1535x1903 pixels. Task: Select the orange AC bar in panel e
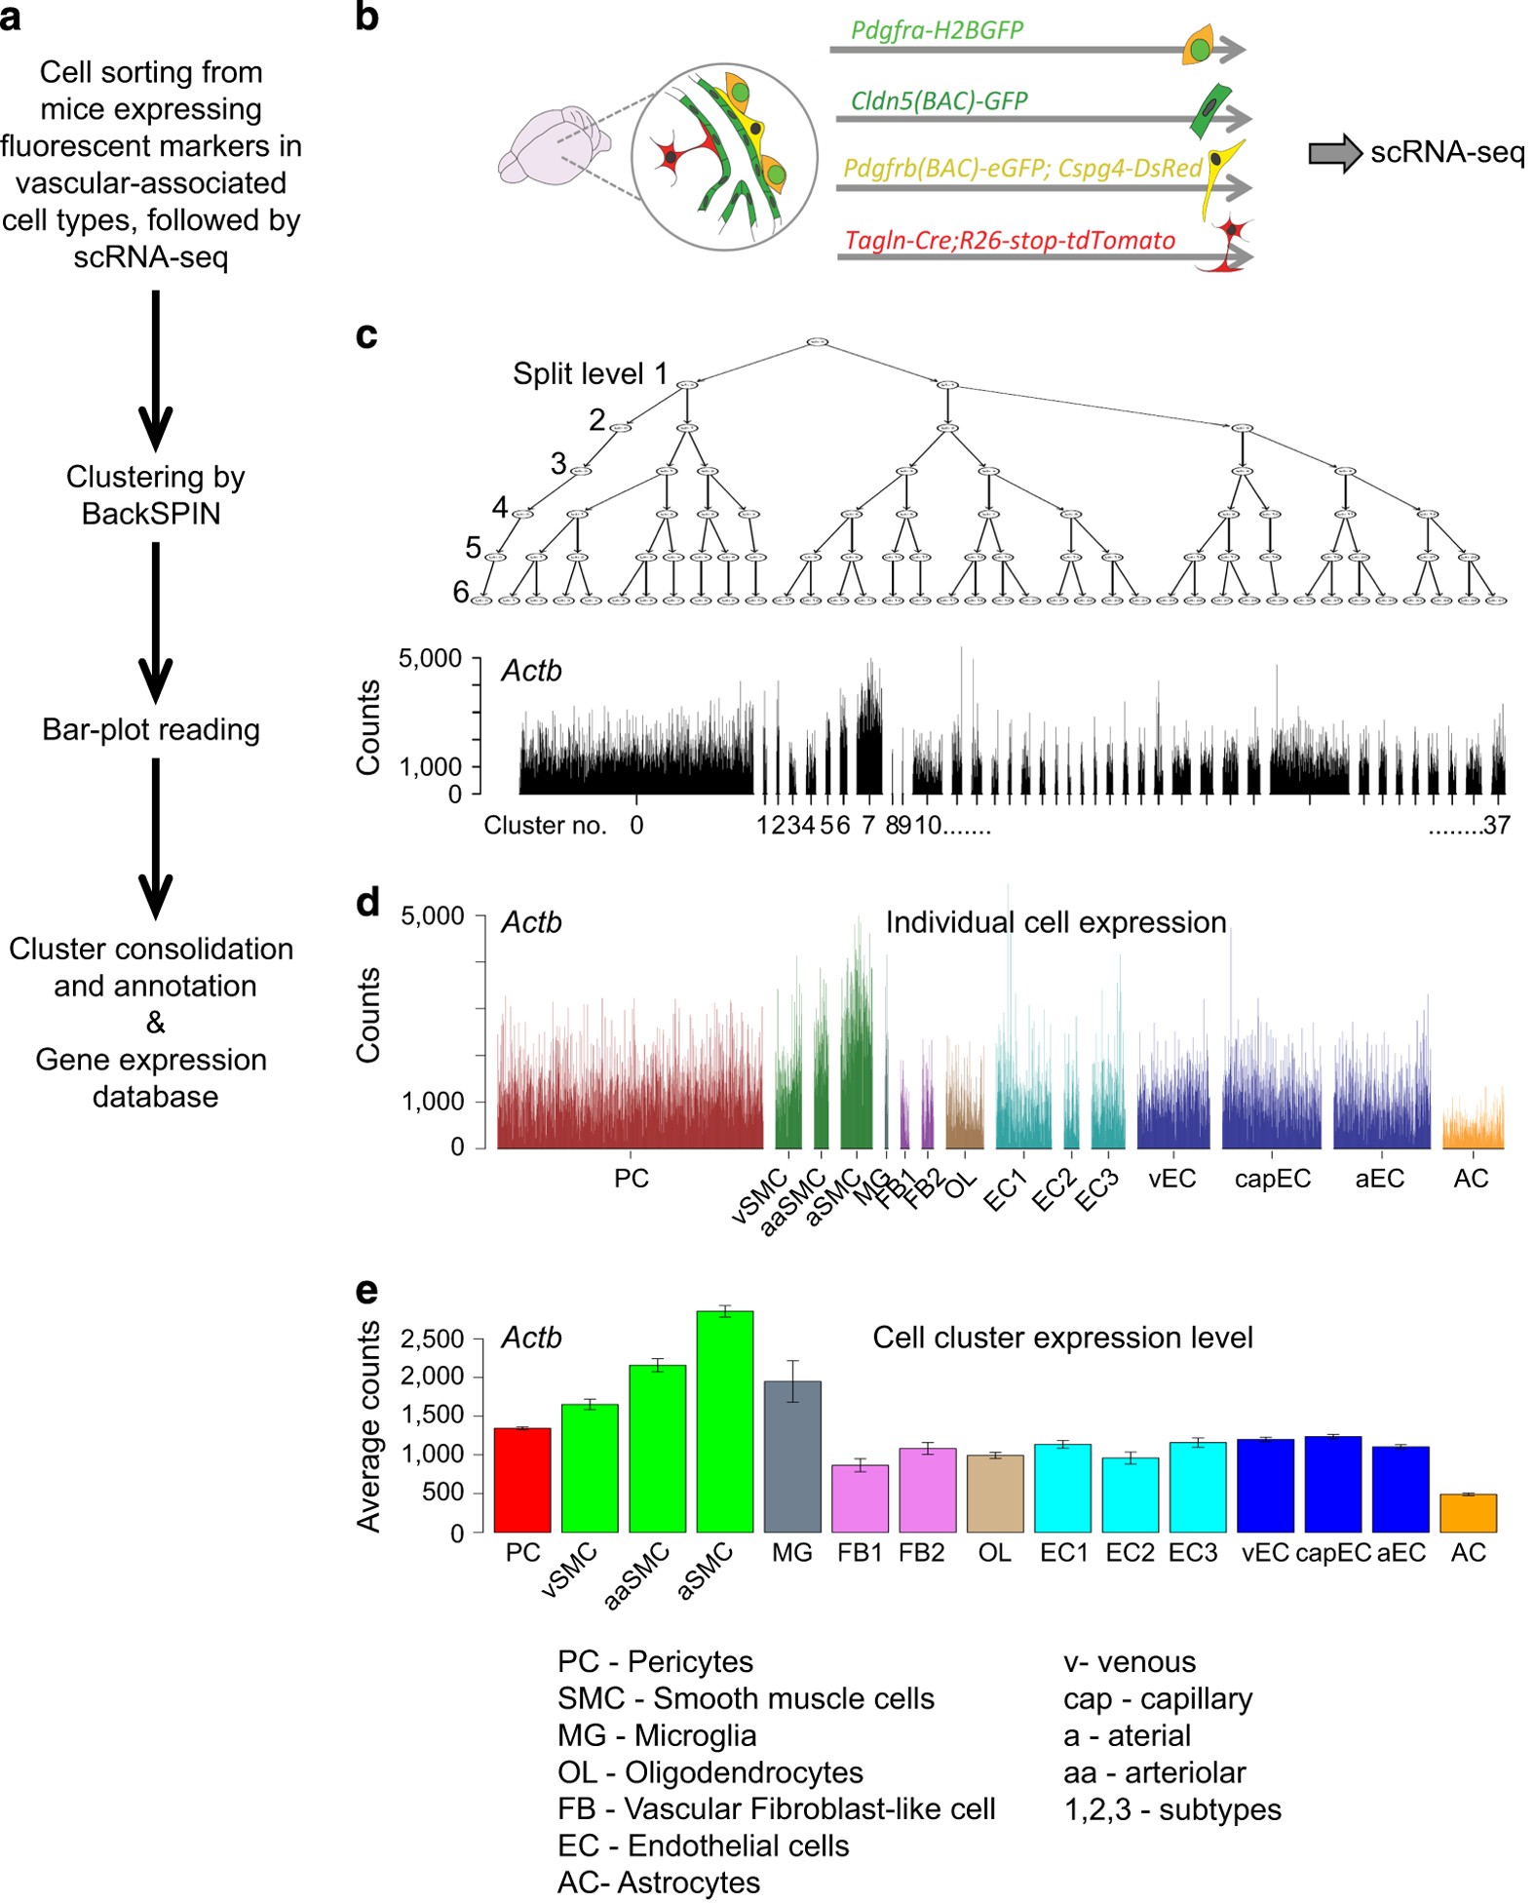tap(1468, 1513)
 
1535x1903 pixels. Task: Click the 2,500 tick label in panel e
tap(432, 1339)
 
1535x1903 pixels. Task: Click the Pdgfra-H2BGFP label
tap(937, 30)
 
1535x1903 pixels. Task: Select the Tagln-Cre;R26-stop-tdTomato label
tap(1010, 240)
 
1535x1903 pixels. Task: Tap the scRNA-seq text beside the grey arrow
tap(1447, 153)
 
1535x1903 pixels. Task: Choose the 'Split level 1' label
tap(590, 373)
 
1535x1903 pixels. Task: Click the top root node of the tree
tap(818, 342)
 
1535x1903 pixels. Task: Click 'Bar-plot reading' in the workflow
tap(151, 729)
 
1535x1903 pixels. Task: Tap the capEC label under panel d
tap(1272, 1179)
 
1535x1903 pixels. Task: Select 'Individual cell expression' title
tap(1055, 922)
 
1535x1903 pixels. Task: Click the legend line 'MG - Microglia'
tap(657, 1735)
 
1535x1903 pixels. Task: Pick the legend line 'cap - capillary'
tap(1158, 1698)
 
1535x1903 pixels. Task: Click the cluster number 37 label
tap(1496, 826)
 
